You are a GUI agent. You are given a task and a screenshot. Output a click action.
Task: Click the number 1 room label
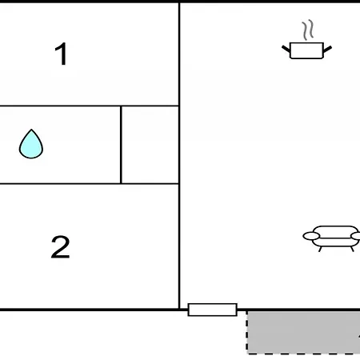coord(61,54)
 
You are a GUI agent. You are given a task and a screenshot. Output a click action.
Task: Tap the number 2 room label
coord(60,247)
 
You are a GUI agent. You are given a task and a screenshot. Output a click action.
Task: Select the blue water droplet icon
coord(31,144)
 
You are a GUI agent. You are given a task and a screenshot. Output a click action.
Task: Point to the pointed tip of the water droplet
coord(31,130)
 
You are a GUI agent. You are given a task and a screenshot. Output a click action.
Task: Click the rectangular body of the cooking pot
coord(306,50)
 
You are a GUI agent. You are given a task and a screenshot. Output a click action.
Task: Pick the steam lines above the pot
coord(307,30)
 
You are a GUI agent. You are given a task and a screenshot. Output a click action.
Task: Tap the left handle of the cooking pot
coord(286,49)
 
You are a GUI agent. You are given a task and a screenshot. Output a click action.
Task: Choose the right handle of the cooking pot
coord(327,49)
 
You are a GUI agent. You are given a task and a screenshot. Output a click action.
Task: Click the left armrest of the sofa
coord(311,236)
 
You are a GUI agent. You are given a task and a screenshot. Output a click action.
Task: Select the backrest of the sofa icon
coord(335,231)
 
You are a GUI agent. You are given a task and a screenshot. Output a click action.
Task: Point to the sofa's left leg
coord(320,249)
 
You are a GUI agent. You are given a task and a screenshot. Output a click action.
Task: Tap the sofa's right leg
coord(352,249)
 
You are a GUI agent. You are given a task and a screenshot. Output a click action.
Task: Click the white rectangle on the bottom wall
coord(213,310)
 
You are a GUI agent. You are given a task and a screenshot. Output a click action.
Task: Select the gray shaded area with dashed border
coord(303,333)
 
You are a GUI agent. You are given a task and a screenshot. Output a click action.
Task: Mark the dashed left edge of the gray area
coord(247,333)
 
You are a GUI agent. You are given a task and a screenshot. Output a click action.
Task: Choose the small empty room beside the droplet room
coord(150,145)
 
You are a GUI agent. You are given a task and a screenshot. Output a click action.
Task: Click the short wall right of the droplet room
coord(121,145)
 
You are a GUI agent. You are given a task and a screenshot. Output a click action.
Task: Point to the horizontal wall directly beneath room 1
coord(90,106)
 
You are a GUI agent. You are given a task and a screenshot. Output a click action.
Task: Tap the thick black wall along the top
coord(180,2)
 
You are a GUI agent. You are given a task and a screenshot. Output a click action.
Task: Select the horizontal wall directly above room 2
coord(90,183)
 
